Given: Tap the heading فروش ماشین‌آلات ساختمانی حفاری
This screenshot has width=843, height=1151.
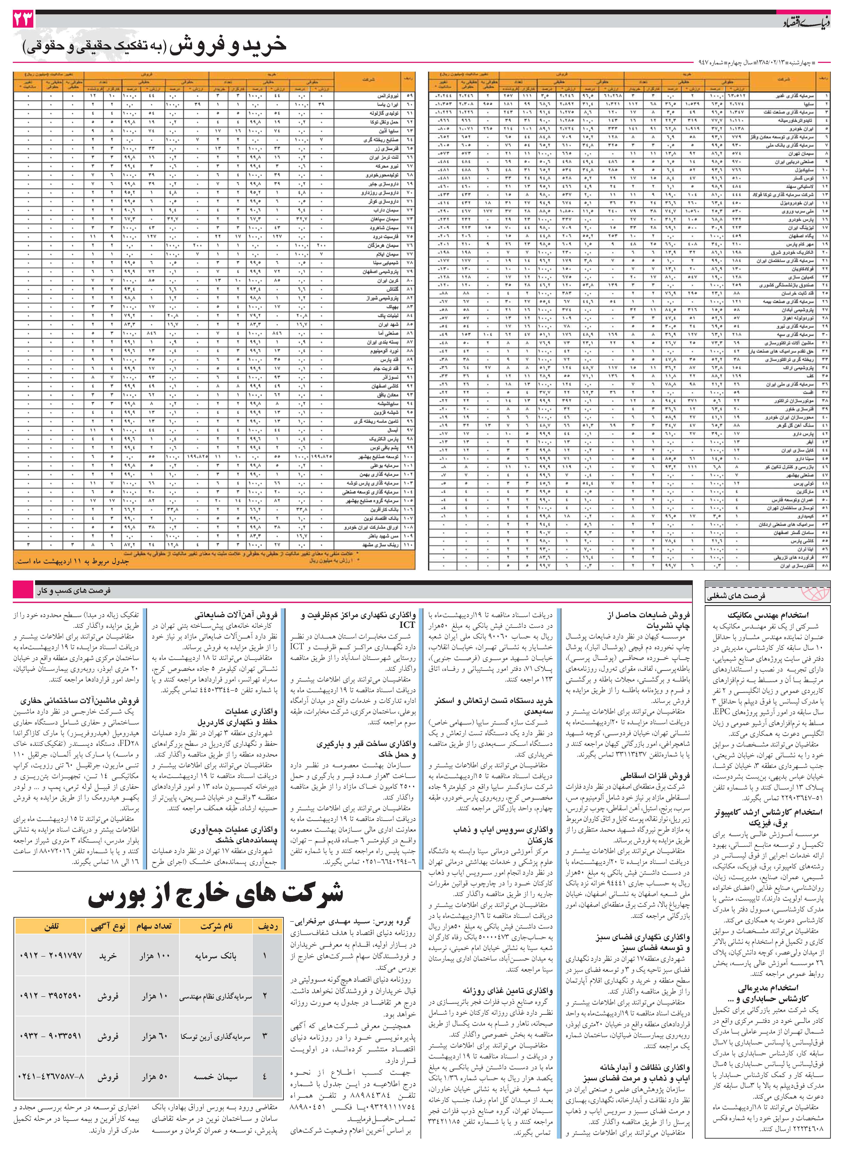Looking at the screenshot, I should pyautogui.click(x=80, y=701).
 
